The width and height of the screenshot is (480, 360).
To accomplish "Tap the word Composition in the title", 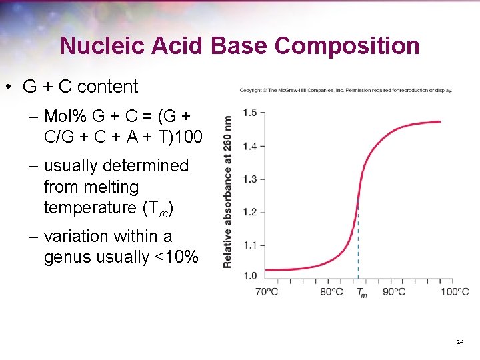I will [347, 46].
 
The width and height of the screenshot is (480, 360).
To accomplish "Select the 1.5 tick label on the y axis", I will [250, 113].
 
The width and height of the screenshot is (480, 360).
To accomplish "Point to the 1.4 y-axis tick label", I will [250, 146].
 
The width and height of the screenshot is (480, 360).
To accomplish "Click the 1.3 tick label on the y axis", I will [250, 179].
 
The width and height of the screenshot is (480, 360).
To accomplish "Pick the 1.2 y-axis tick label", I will [250, 212].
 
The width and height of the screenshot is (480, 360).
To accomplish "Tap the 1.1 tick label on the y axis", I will [250, 245].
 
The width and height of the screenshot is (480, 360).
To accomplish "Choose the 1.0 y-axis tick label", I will [250, 275].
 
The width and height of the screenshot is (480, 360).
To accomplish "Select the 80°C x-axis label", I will [331, 292].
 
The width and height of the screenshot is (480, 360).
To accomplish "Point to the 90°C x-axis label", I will [393, 292].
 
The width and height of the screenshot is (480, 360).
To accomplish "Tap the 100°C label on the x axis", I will [455, 292].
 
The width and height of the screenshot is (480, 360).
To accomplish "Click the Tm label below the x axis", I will [361, 292].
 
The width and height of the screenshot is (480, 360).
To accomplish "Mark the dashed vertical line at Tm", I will [359, 247].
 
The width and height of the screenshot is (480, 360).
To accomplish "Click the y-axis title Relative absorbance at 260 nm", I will [228, 192].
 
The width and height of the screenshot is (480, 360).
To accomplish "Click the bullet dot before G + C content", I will [10, 87].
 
